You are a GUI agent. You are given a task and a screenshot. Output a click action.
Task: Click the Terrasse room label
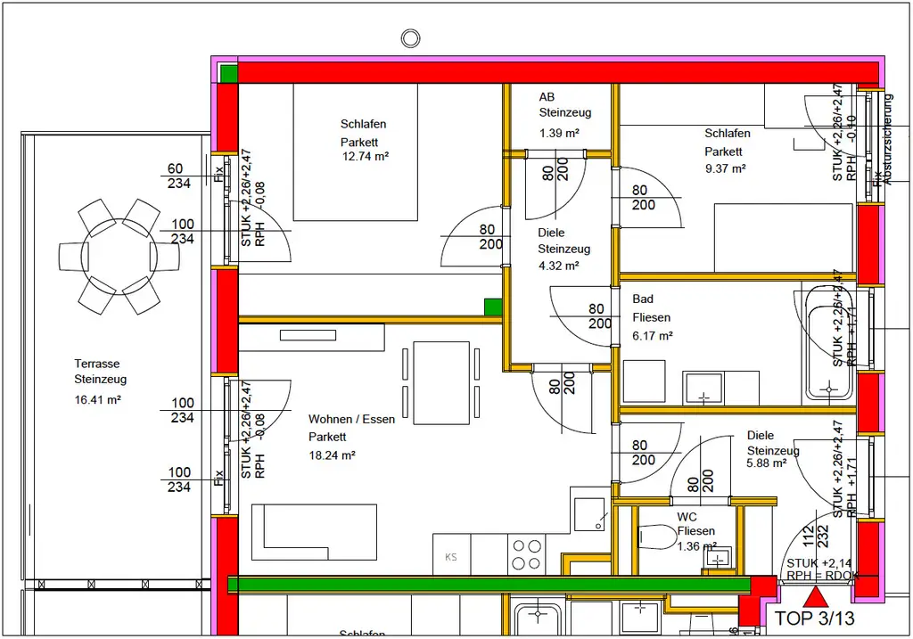(96, 364)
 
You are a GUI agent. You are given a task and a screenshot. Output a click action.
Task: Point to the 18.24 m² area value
(333, 455)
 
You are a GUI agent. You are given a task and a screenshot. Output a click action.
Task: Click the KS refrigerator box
(451, 556)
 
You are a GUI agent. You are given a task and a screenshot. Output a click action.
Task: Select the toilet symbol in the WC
(655, 537)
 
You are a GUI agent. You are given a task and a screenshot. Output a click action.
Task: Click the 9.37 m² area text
(724, 168)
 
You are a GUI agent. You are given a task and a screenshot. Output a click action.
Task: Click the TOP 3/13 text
(815, 618)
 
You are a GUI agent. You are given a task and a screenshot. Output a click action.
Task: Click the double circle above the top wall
(410, 38)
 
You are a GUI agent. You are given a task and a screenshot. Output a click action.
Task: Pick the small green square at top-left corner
(229, 73)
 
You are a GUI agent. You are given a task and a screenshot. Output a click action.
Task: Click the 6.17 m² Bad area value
(652, 336)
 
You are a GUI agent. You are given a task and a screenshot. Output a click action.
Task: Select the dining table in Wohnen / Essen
(441, 382)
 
